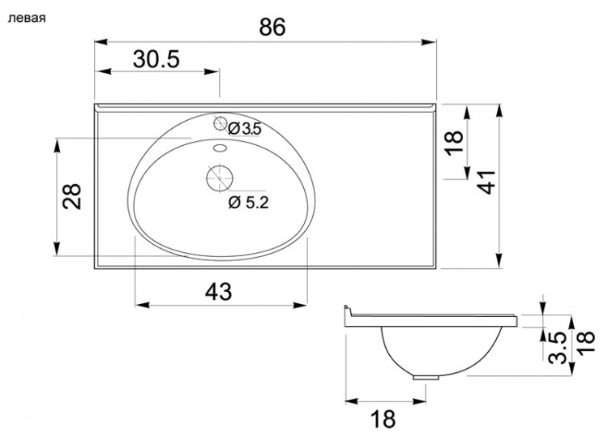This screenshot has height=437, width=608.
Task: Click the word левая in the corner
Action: click(x=27, y=18)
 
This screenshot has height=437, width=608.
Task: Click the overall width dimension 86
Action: click(x=272, y=27)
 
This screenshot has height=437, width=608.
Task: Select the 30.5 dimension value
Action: click(x=156, y=59)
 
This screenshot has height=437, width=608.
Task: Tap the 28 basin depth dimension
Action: click(x=72, y=196)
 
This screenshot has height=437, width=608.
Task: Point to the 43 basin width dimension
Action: click(x=218, y=291)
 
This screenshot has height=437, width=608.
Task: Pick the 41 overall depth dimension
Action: click(x=486, y=182)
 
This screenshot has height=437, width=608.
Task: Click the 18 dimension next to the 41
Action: click(x=454, y=143)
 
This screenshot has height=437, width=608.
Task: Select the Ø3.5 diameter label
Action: click(x=245, y=129)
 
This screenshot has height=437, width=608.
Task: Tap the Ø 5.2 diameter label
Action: click(x=249, y=202)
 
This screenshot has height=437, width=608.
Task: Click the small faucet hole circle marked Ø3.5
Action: click(x=220, y=123)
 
